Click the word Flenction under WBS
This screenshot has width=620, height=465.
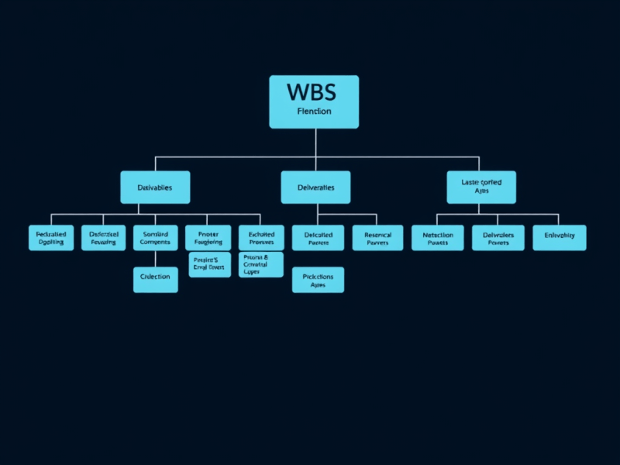[313, 112]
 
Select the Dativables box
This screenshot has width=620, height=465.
[155, 188]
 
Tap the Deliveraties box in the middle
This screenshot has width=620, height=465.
[315, 188]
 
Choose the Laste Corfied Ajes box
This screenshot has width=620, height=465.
[481, 187]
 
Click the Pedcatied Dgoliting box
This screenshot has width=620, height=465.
[52, 238]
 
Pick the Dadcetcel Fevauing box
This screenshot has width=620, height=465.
[103, 238]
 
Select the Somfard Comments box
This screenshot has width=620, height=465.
[156, 238]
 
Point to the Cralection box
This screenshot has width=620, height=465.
[156, 277]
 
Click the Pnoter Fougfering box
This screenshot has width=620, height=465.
[208, 238]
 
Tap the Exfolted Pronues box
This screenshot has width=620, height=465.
[261, 238]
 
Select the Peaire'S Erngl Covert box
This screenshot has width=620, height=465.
[209, 264]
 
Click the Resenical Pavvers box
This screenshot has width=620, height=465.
[377, 238]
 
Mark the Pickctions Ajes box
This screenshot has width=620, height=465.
[318, 280]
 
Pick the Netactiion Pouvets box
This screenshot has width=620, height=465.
[437, 238]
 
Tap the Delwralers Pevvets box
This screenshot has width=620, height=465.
[498, 238]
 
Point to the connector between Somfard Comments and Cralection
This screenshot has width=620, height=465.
[156, 257]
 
